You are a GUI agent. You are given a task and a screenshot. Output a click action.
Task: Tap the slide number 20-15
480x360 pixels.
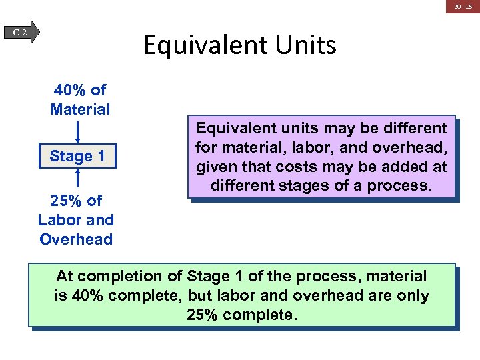[x=463, y=7]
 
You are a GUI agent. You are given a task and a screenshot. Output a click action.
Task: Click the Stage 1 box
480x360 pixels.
[x=77, y=157]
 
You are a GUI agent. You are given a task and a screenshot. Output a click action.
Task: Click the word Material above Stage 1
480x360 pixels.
[x=80, y=109]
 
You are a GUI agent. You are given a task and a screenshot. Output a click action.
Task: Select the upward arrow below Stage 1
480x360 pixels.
[x=78, y=179]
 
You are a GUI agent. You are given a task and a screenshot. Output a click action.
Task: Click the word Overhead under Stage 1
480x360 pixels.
[x=76, y=239]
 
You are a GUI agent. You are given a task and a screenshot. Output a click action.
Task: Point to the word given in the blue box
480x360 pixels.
[x=215, y=166]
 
